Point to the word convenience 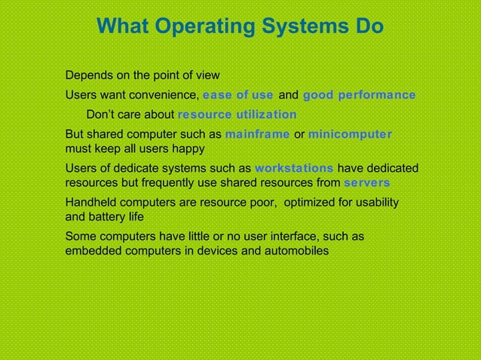166,96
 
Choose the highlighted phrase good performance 359,96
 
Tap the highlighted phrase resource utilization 237,115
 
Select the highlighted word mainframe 257,135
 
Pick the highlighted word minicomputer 350,135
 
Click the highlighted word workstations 294,168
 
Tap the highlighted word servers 366,182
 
